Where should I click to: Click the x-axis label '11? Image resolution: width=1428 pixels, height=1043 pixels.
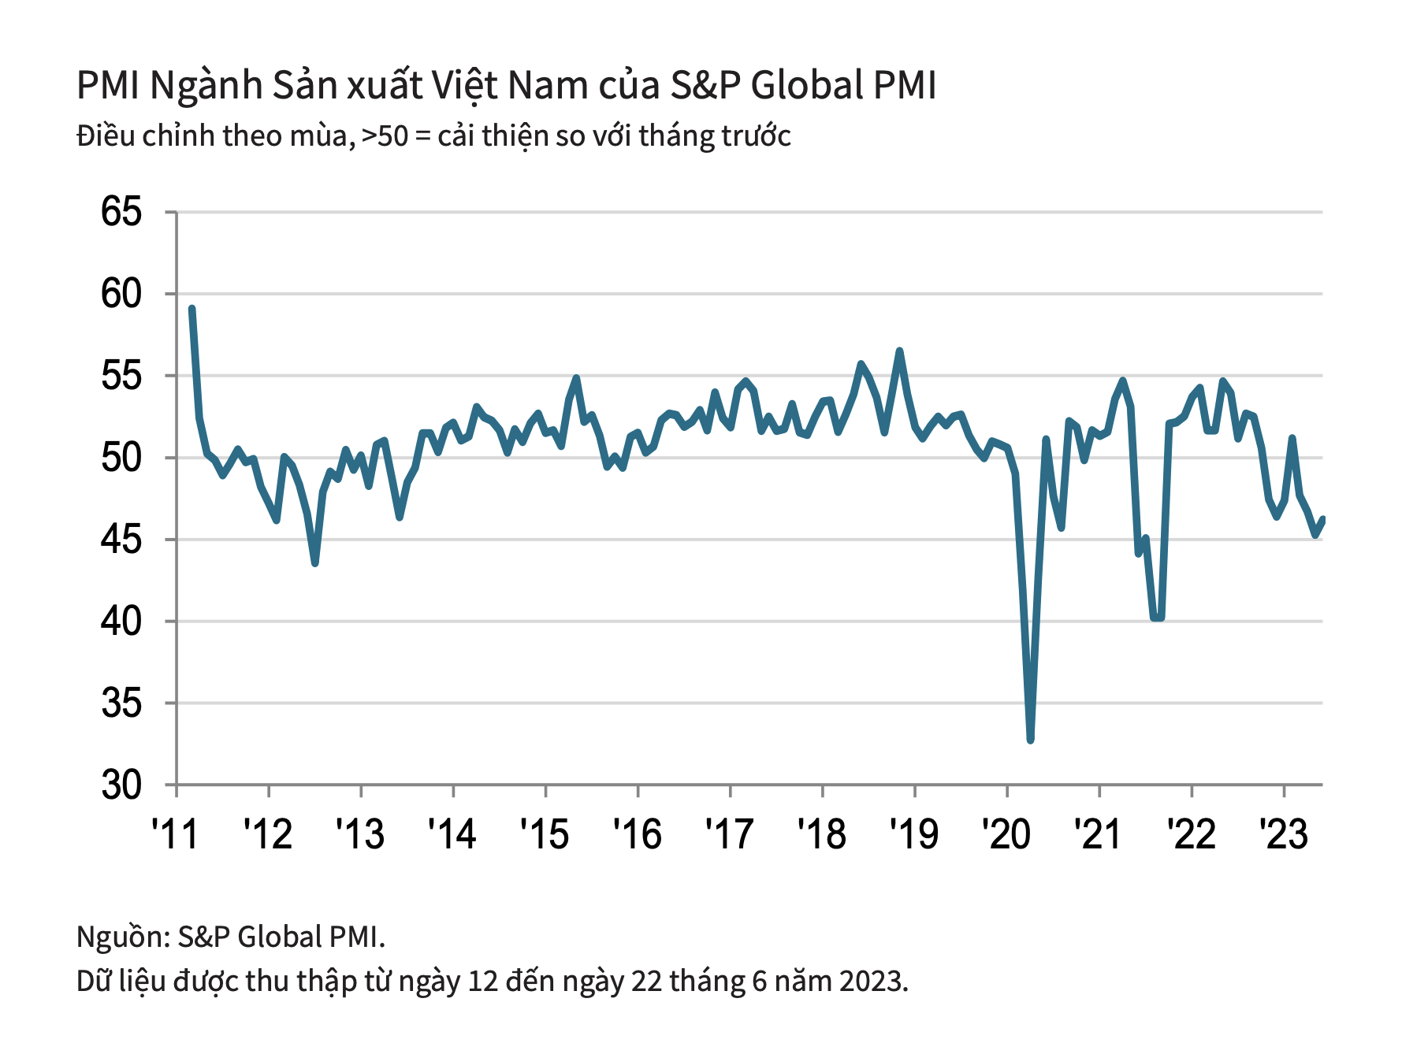pos(175,833)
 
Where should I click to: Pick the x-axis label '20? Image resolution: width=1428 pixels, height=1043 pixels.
pos(1006,833)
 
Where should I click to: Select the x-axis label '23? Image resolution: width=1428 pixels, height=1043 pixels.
pos(1284,833)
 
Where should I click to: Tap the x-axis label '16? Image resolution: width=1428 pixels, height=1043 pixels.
pos(637,833)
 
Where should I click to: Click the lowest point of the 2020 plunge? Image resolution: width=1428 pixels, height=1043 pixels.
pos(1030,740)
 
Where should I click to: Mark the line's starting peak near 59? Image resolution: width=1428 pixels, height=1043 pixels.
pos(192,309)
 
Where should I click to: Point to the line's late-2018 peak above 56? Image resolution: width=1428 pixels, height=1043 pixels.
pos(899,351)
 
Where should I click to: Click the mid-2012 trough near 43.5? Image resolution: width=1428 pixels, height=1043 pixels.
pos(315,562)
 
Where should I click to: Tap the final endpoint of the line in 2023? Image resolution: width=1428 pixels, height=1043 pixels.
pos(1323,520)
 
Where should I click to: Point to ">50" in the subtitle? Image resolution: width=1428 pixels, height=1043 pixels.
pos(385,136)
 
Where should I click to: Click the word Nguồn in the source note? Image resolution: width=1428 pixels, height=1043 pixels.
pos(121,937)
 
